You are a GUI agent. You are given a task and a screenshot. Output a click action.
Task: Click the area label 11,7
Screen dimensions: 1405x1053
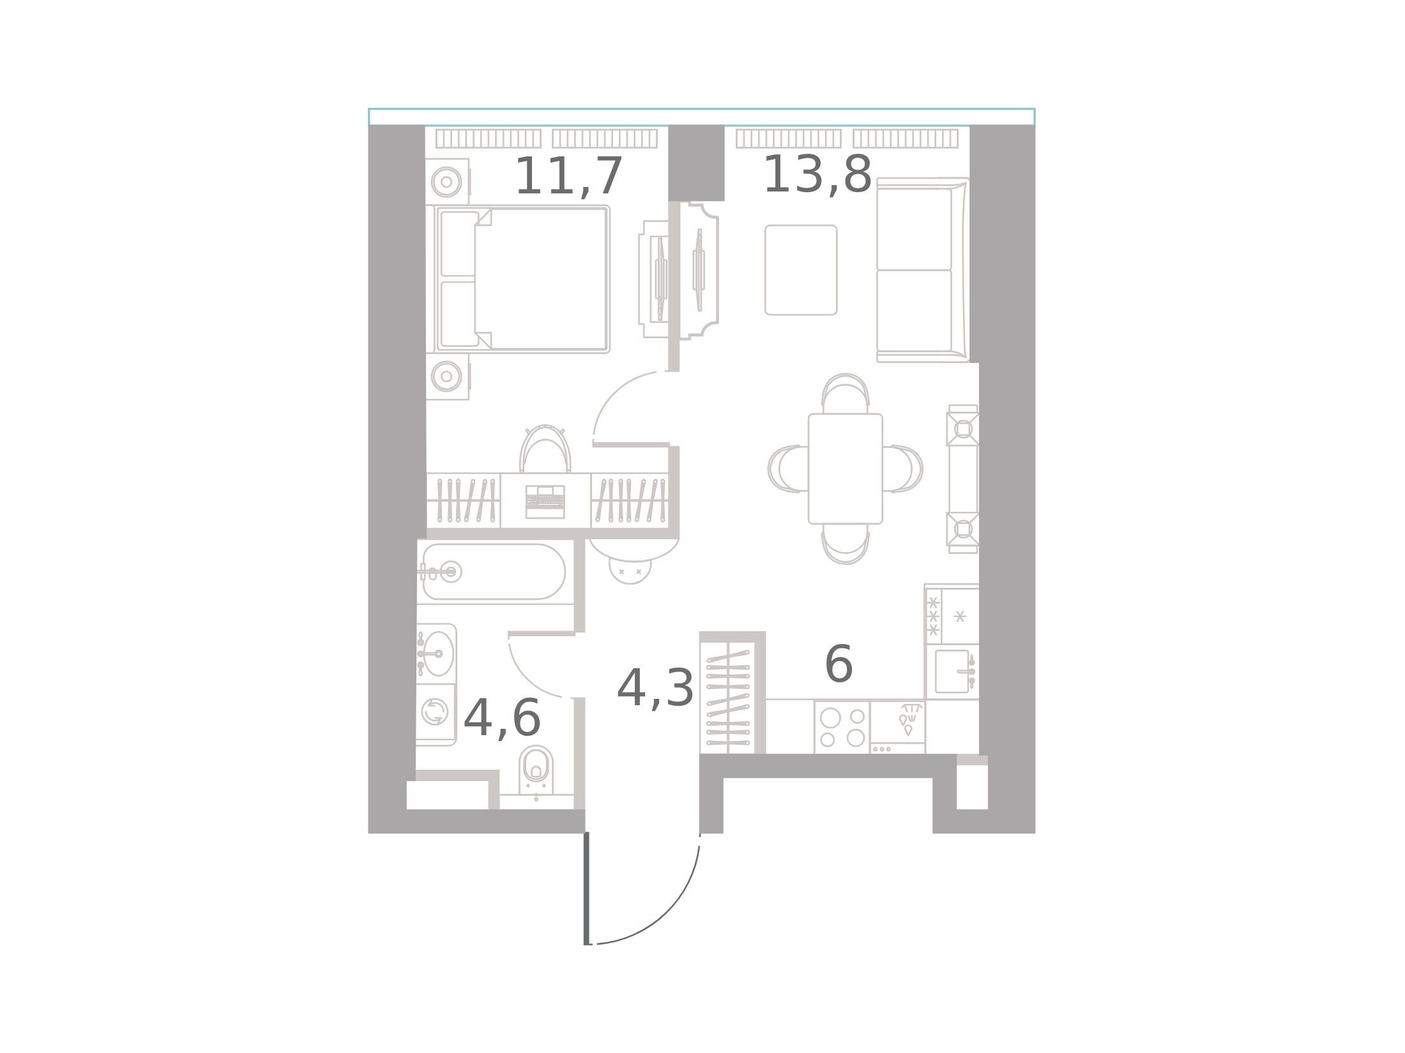click(568, 177)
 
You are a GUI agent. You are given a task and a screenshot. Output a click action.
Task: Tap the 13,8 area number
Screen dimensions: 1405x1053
click(817, 174)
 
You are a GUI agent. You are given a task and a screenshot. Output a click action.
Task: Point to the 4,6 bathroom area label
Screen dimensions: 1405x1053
click(502, 719)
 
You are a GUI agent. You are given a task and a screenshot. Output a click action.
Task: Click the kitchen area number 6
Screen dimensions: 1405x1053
click(839, 664)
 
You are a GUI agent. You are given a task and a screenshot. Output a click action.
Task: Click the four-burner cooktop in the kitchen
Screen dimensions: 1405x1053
click(842, 727)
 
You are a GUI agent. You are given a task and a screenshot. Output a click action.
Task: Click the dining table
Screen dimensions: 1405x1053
click(845, 469)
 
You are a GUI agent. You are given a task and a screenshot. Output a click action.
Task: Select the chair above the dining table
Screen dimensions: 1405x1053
click(845, 394)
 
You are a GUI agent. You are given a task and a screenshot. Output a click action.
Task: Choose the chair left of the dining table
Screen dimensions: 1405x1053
click(789, 469)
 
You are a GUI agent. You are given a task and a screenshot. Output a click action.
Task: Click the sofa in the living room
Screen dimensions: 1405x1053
click(923, 270)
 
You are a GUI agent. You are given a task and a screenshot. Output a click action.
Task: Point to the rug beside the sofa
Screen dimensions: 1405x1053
click(801, 270)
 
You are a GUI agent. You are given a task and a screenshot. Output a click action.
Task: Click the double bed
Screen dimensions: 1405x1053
click(522, 279)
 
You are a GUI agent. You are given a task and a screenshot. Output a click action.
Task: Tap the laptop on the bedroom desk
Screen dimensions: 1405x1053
click(545, 502)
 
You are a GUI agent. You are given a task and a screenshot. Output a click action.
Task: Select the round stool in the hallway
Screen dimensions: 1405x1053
click(630, 569)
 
